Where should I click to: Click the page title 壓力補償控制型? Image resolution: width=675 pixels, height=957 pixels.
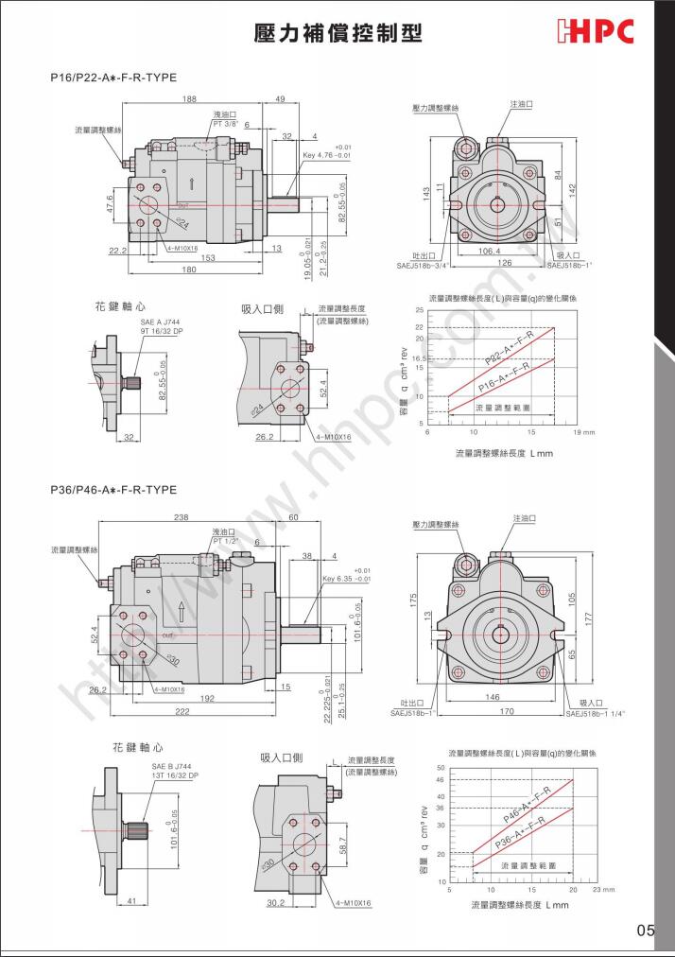click(337, 33)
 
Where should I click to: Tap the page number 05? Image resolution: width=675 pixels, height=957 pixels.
click(645, 931)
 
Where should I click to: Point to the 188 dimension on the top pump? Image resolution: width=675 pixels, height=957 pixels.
click(189, 99)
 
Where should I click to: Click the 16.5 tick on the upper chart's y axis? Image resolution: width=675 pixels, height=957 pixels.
click(419, 358)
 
